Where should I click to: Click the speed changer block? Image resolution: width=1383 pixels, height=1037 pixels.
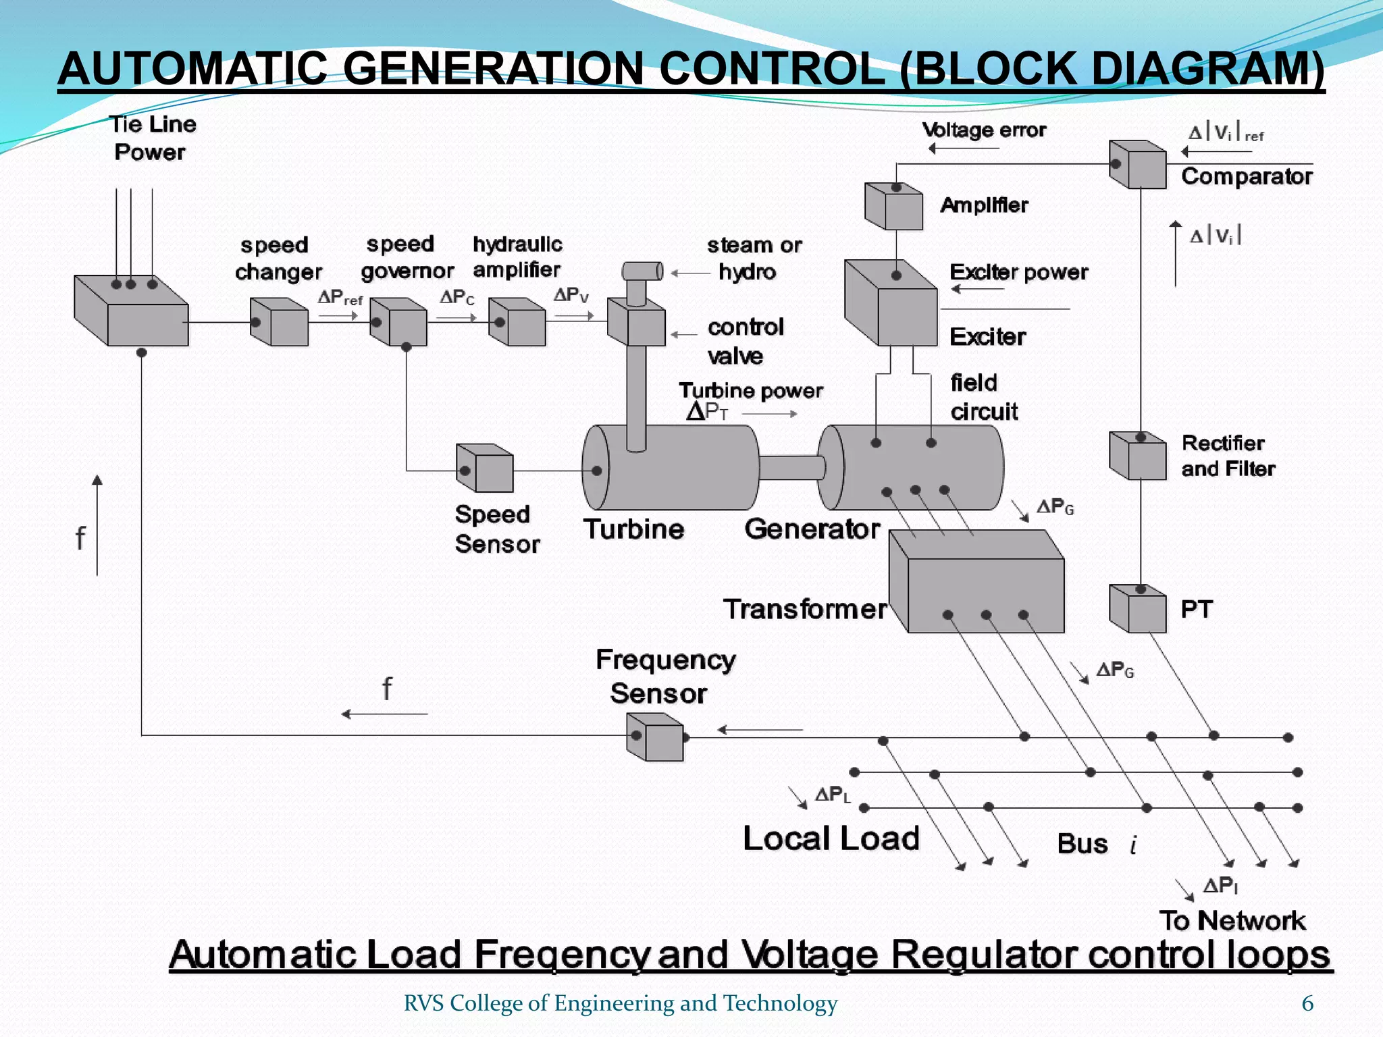pos(280,323)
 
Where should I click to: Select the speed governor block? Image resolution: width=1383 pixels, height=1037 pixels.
pos(399,323)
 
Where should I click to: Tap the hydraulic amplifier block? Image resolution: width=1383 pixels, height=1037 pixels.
pos(518,323)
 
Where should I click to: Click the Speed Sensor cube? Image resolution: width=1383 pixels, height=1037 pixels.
pos(485,469)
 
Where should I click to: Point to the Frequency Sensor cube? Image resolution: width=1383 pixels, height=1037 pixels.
pos(656,737)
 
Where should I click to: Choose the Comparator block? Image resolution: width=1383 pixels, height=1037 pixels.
pos(1139,165)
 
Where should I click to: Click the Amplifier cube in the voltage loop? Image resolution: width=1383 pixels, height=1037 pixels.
pos(894,207)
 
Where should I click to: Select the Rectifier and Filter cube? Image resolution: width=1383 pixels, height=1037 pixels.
pos(1139,456)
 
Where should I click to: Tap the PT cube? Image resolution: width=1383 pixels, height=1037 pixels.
pos(1139,609)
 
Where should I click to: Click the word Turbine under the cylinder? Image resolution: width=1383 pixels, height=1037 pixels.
pos(634,529)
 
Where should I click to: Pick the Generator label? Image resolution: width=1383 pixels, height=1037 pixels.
pos(812,529)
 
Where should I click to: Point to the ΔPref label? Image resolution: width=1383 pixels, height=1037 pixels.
pos(340,298)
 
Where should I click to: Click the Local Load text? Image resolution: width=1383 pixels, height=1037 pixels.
pos(831,839)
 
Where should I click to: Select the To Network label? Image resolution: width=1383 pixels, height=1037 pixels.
pos(1232,921)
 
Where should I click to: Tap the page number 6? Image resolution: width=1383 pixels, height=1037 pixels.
pos(1307,1004)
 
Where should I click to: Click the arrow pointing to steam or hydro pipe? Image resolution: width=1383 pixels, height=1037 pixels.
pos(689,273)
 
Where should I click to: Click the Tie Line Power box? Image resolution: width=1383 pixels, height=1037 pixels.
pos(132,312)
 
